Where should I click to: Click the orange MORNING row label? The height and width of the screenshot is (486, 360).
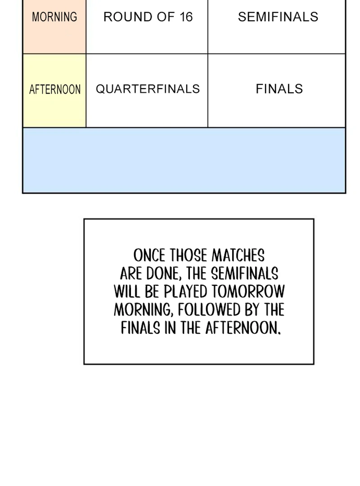[x=54, y=18]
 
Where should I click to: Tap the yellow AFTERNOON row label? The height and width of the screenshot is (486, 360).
[x=54, y=90]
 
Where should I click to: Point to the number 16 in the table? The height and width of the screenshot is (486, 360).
[x=185, y=18]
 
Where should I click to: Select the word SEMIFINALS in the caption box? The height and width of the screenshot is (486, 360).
[x=244, y=274]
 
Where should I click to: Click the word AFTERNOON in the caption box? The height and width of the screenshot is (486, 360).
[x=243, y=328]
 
